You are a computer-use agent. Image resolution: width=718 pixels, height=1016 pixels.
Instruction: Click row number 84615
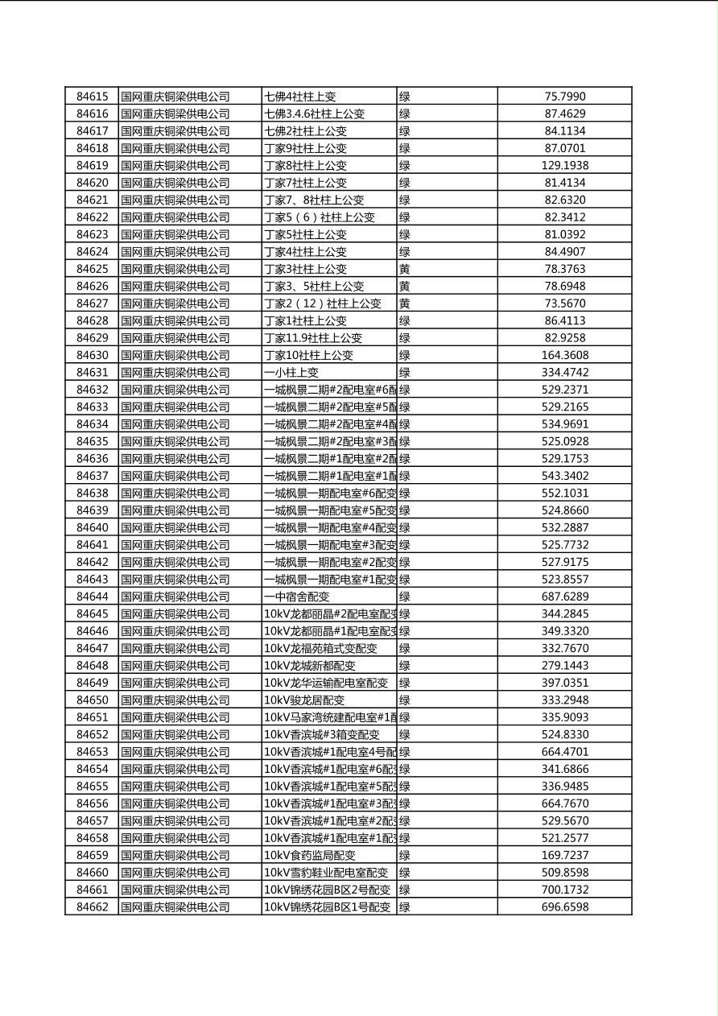[x=92, y=97]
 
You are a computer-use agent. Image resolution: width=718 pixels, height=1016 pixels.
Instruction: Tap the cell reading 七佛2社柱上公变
[x=306, y=131]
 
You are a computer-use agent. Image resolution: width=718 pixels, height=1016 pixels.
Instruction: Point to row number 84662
[x=92, y=907]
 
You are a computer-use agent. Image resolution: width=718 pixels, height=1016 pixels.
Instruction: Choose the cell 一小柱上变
[x=291, y=373]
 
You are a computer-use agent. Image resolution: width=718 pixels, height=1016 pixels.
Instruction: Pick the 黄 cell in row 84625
[x=405, y=269]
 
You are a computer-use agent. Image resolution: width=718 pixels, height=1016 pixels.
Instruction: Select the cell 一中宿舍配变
[x=297, y=597]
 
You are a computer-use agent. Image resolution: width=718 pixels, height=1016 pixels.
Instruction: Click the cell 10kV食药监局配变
[x=310, y=855]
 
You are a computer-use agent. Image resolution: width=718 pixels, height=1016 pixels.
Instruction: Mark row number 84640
[x=92, y=528]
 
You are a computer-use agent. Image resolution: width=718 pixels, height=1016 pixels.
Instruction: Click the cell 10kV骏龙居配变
[x=304, y=700]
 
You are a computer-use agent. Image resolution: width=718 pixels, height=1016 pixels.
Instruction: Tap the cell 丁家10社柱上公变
[x=309, y=355]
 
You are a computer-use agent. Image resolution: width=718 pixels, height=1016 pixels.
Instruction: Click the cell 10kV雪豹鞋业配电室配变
[x=326, y=873]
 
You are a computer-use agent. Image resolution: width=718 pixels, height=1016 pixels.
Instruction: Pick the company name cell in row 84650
[x=175, y=700]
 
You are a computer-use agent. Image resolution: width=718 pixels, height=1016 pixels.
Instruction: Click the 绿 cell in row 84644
[x=405, y=597]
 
